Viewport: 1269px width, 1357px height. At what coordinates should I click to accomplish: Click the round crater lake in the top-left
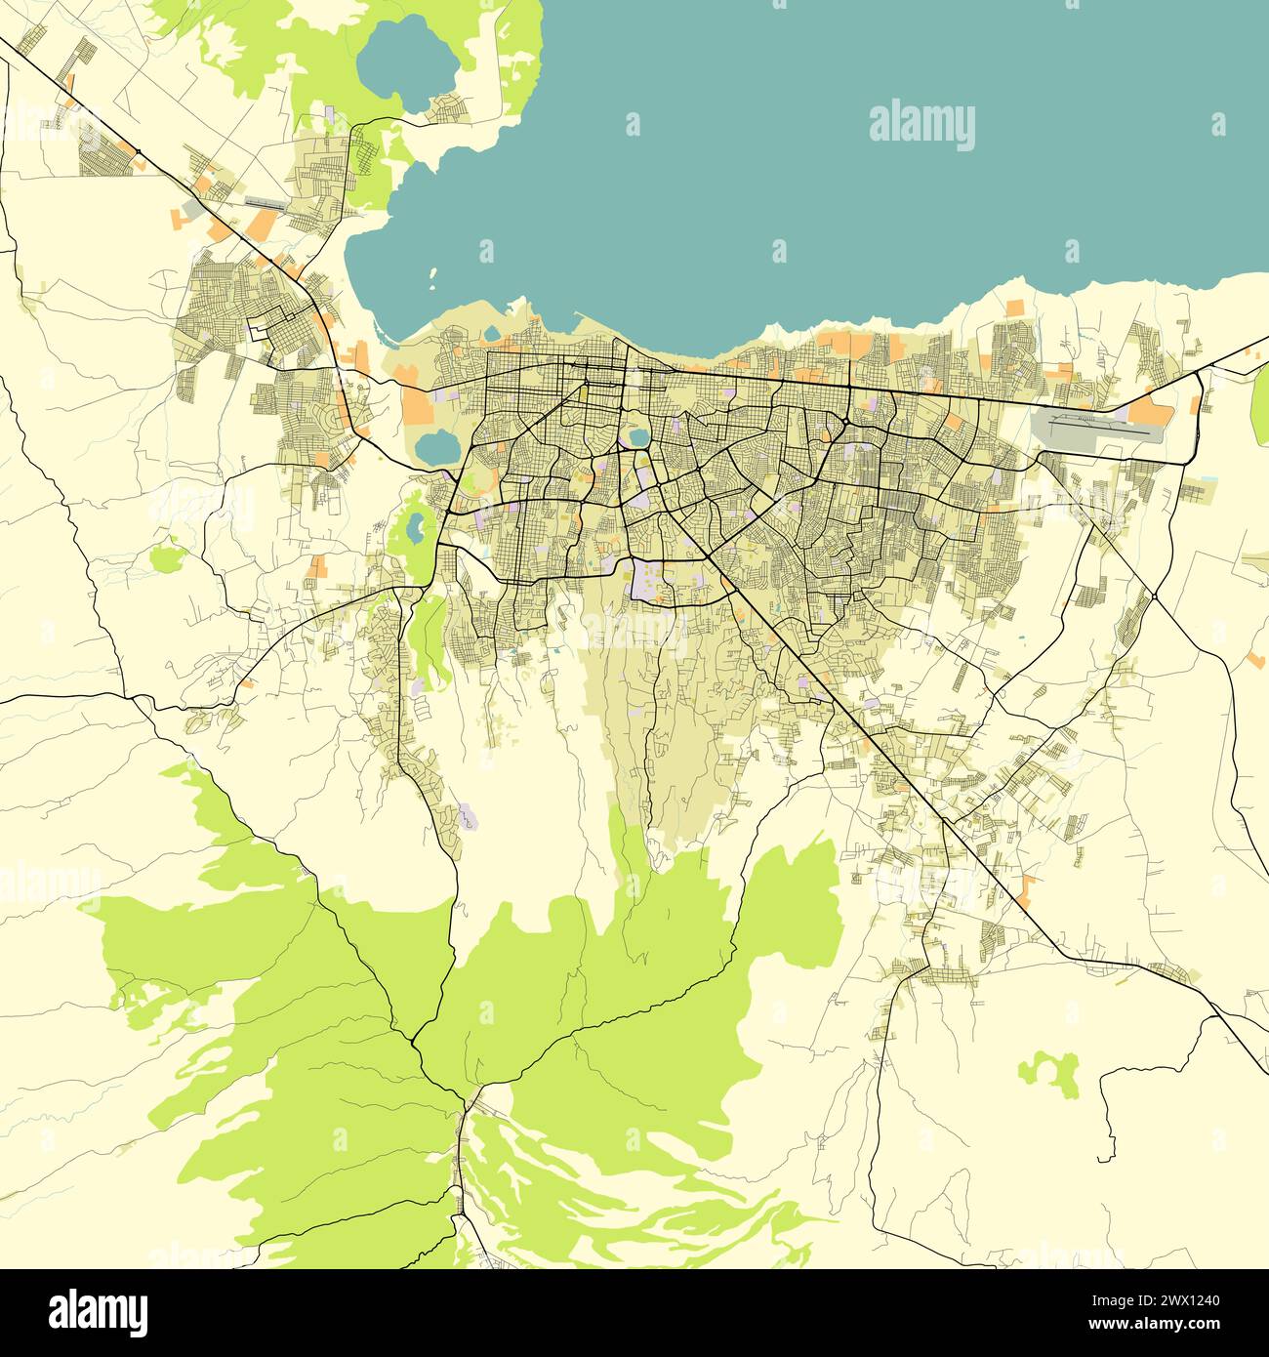[x=408, y=63]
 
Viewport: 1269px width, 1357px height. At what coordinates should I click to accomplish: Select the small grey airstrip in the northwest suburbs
[x=266, y=203]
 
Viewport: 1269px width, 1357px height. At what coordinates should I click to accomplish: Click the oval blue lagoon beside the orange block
[x=436, y=447]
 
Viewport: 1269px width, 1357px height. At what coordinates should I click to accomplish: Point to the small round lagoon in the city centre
[x=638, y=436]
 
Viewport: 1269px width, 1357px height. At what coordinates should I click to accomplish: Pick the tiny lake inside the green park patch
[x=415, y=528]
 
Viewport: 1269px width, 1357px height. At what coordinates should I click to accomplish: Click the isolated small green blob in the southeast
[x=1050, y=1071]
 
